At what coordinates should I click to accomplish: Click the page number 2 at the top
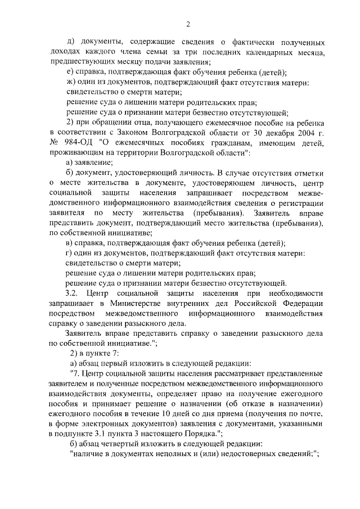coord(187,24)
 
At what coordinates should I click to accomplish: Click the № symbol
coord(55,143)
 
